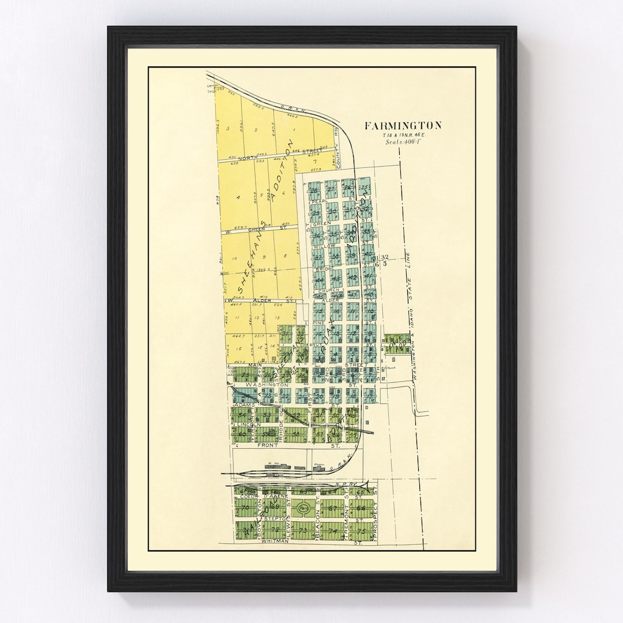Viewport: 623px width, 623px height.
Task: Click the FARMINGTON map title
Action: click(403, 125)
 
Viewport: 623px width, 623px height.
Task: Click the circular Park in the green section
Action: click(306, 510)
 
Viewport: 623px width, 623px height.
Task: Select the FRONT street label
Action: click(265, 445)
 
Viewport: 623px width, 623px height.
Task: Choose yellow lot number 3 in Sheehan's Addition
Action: click(228, 128)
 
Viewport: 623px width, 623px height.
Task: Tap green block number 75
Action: click(361, 531)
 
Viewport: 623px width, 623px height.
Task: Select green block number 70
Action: click(247, 509)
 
